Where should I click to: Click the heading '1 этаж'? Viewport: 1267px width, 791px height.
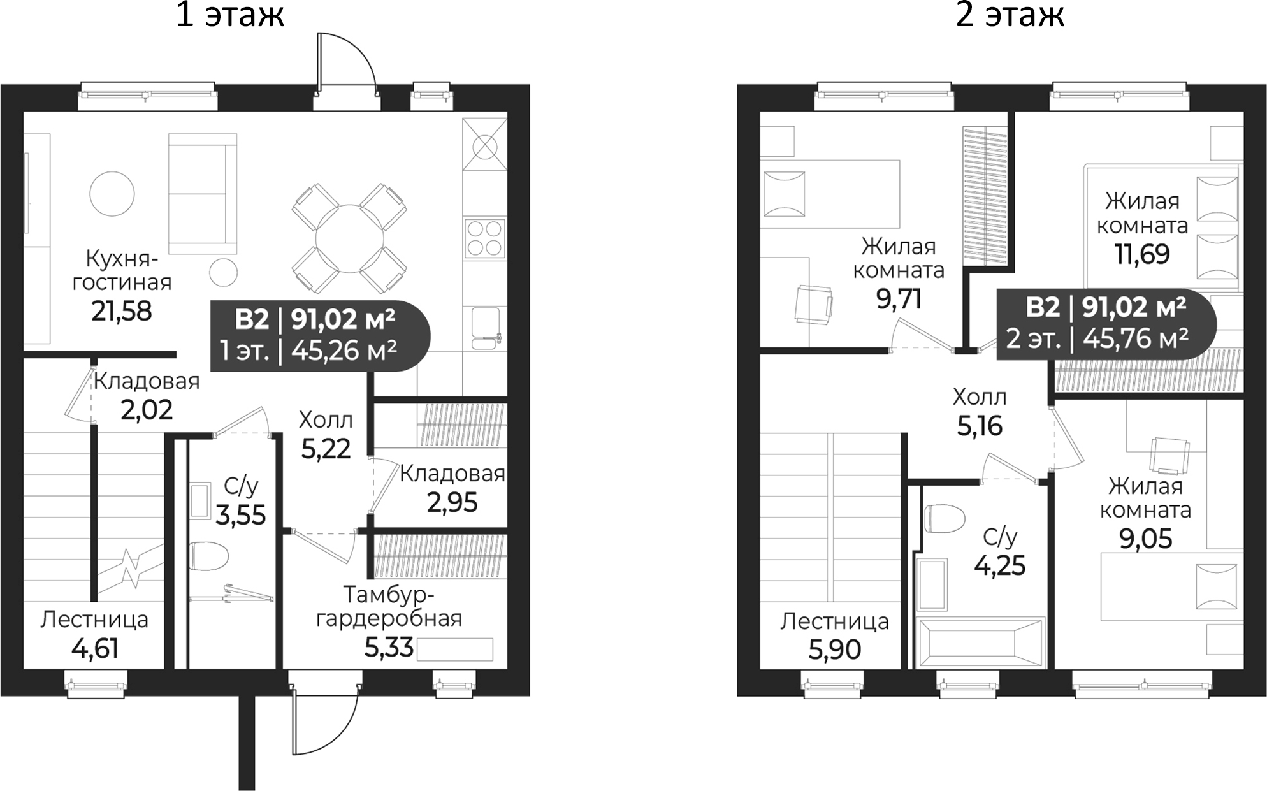(229, 15)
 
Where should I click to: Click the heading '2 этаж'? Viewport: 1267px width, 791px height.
(1010, 15)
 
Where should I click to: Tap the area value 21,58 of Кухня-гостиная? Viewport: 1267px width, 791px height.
(122, 311)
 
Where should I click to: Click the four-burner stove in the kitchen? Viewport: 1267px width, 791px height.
(484, 238)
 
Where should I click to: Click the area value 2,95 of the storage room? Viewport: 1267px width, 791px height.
(452, 503)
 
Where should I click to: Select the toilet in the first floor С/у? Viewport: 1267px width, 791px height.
(209, 557)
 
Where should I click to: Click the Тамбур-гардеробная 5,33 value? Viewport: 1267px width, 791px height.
(389, 648)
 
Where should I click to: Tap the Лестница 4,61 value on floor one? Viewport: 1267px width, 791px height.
(95, 649)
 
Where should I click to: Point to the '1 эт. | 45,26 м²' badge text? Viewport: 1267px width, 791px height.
(308, 351)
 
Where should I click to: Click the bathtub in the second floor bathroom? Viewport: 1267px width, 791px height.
(980, 642)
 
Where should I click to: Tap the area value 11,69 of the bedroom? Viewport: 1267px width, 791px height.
(1142, 254)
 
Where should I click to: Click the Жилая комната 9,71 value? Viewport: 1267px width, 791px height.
(899, 299)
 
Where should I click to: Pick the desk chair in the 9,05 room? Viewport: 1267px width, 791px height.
(1169, 454)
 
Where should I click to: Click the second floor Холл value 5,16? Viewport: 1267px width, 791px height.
(980, 426)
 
